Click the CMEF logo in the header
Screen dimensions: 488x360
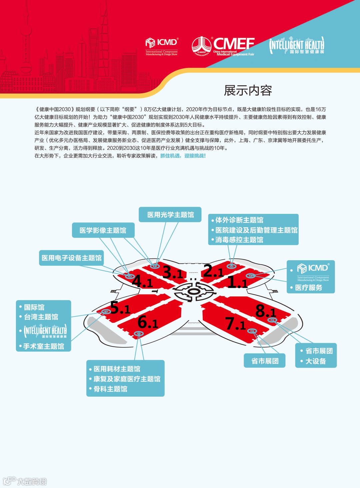pos(223,46)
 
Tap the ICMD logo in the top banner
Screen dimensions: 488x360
pos(162,46)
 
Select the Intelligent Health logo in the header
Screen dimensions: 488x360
pos(297,46)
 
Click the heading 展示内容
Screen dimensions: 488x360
pos(248,91)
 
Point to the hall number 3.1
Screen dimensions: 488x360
pos(172,272)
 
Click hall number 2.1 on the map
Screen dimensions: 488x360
pos(213,271)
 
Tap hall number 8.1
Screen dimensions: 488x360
pos(265,311)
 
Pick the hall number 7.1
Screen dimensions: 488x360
pos(235,323)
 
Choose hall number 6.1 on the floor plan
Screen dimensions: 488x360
pos(147,322)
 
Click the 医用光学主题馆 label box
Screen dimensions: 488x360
pos(170,215)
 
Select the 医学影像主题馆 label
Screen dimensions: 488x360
pos(103,231)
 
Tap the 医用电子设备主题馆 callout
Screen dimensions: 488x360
pos(71,258)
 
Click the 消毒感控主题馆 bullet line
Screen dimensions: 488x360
pos(239,240)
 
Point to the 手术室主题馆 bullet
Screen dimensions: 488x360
pos(44,346)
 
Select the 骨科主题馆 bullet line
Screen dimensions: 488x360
pos(110,389)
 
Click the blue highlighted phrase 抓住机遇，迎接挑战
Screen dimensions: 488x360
pos(183,156)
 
